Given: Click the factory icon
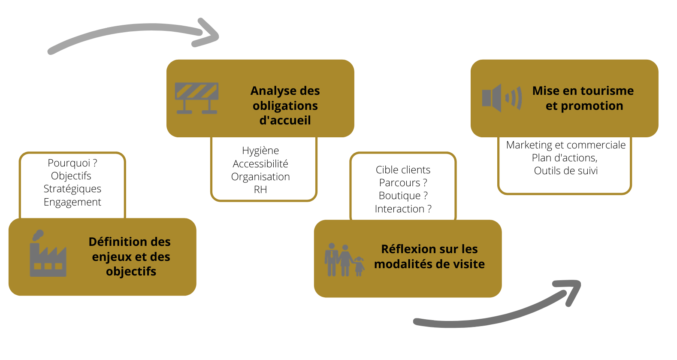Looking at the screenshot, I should [x=48, y=255].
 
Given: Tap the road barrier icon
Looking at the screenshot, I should [x=197, y=98].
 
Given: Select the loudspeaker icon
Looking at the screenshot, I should [x=501, y=98].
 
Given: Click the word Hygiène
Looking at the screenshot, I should [x=260, y=151].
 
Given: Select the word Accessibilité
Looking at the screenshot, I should [x=260, y=163].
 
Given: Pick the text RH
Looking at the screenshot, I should [x=260, y=190].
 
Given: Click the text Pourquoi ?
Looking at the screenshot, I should [x=72, y=163].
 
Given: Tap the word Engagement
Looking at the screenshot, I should [x=72, y=202].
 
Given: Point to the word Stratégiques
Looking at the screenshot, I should [x=72, y=189].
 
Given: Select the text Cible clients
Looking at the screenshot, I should [x=403, y=170].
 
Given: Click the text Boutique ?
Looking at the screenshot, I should [x=403, y=196].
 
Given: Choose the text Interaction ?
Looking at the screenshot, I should [x=403, y=209].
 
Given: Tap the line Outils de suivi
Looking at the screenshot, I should [x=565, y=171].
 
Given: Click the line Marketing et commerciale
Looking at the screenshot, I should [x=565, y=145].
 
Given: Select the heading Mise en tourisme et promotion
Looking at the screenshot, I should [x=583, y=98].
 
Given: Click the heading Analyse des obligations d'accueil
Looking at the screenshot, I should [x=285, y=106].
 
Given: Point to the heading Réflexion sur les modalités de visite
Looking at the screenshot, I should [x=429, y=257].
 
